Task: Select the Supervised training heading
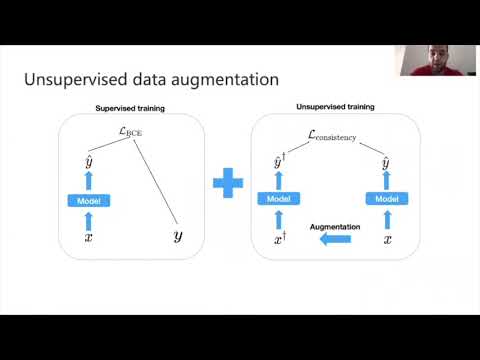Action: click(130, 108)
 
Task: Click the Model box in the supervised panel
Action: click(89, 201)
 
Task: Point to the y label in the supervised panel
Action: click(177, 236)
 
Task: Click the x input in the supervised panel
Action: click(88, 237)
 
